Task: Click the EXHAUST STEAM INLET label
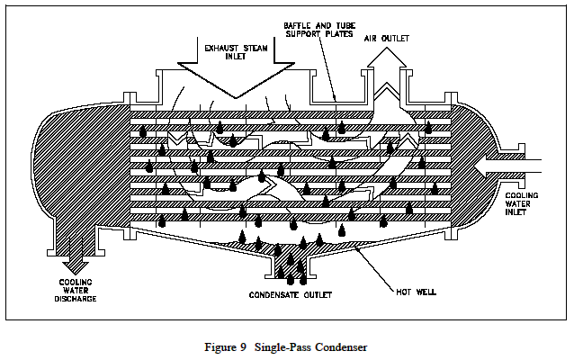point(236,49)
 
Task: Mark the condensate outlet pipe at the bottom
point(288,267)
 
